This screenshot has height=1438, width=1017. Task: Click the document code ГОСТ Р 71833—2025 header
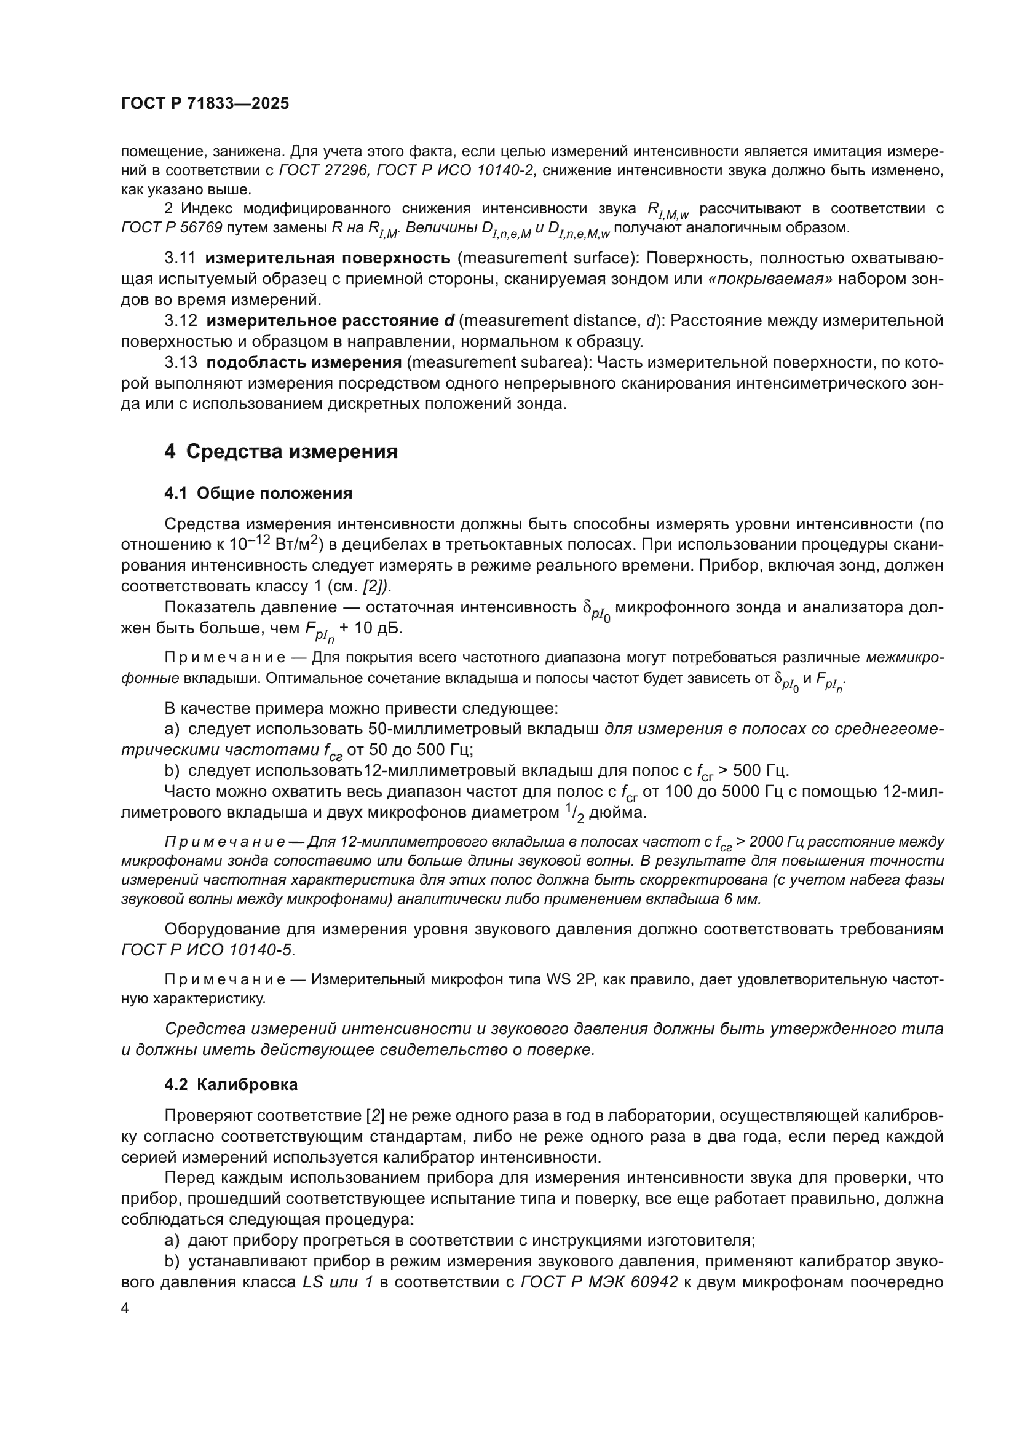(x=205, y=104)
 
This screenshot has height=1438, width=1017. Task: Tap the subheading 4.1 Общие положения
(x=258, y=493)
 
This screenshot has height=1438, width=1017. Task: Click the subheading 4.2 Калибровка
(x=231, y=1084)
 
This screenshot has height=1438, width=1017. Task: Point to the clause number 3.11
(x=180, y=258)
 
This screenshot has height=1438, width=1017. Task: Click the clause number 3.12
(x=180, y=321)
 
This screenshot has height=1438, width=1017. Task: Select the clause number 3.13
(x=180, y=362)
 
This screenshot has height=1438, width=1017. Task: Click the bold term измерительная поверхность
(x=328, y=258)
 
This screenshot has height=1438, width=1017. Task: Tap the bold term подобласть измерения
(x=304, y=362)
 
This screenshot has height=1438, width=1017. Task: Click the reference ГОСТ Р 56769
(x=172, y=227)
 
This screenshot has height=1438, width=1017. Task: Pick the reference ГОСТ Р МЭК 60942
(x=600, y=1282)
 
